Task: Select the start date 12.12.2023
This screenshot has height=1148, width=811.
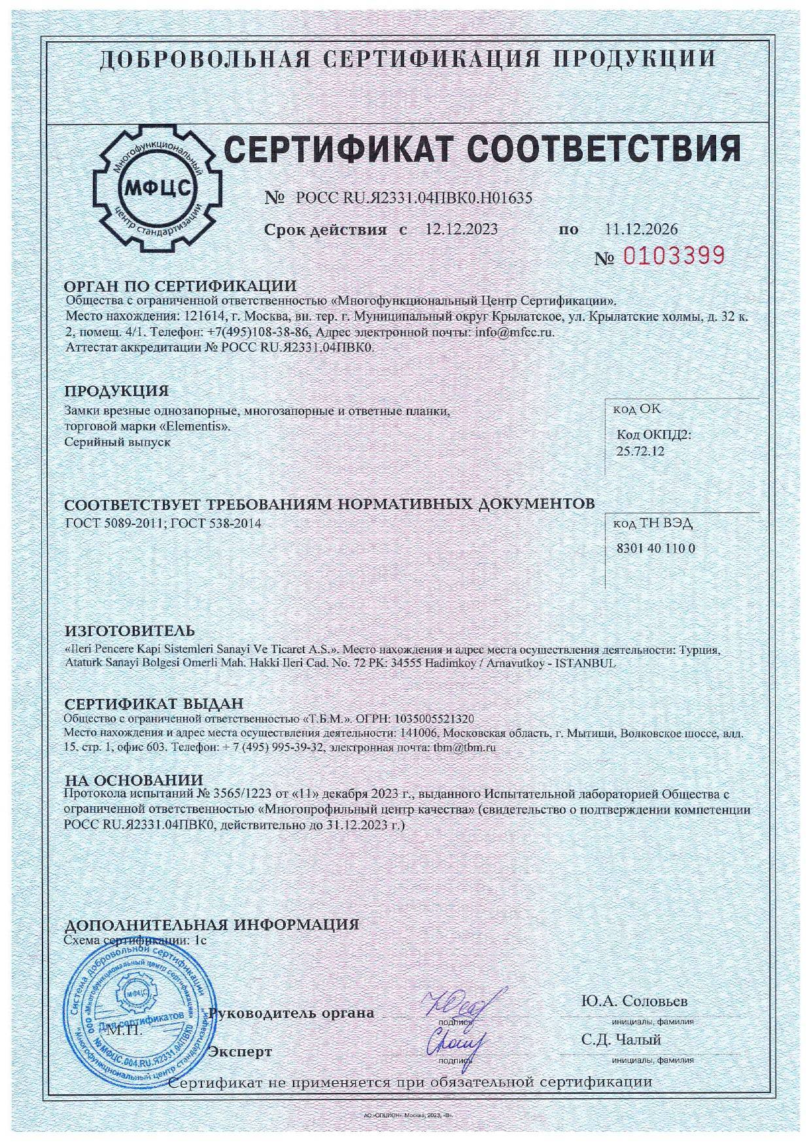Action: pos(461,229)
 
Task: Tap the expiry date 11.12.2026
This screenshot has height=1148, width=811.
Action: pos(641,229)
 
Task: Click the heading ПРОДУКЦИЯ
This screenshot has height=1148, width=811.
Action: pos(116,391)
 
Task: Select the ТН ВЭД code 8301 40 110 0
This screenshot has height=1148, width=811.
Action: pos(655,548)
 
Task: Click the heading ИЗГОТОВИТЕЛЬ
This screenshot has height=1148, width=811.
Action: pos(129,631)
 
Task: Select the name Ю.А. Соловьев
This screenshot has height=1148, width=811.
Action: pos(634,1001)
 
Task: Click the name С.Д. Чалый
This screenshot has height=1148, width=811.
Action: pos(621,1039)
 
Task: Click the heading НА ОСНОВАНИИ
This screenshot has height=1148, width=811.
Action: pos(133,780)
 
